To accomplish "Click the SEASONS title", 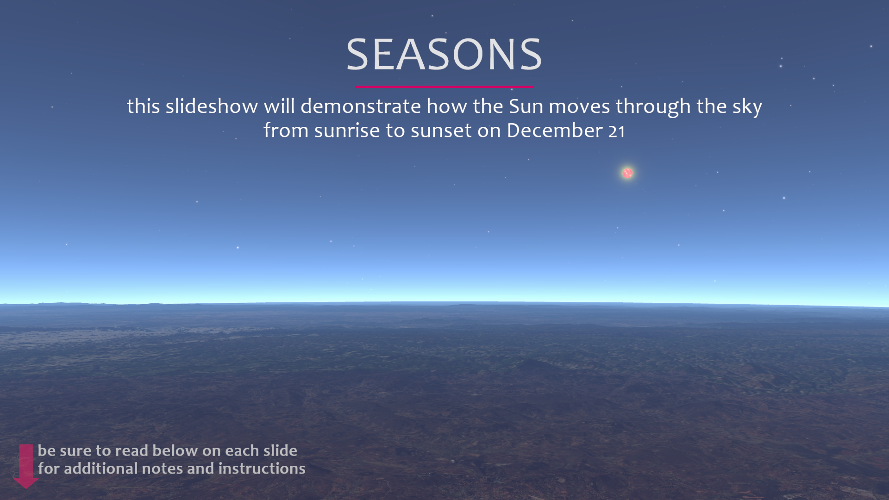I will click(444, 55).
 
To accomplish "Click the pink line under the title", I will click(444, 87).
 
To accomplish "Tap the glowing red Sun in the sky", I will click(627, 173).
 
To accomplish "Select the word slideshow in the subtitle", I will click(212, 106).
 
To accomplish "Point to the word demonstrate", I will click(361, 106).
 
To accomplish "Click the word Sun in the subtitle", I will click(526, 106).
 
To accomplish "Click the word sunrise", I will click(347, 131).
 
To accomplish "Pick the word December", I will click(555, 131).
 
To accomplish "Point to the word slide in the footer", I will click(280, 450).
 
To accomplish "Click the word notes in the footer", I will click(162, 469).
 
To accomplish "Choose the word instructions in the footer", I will click(262, 469).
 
